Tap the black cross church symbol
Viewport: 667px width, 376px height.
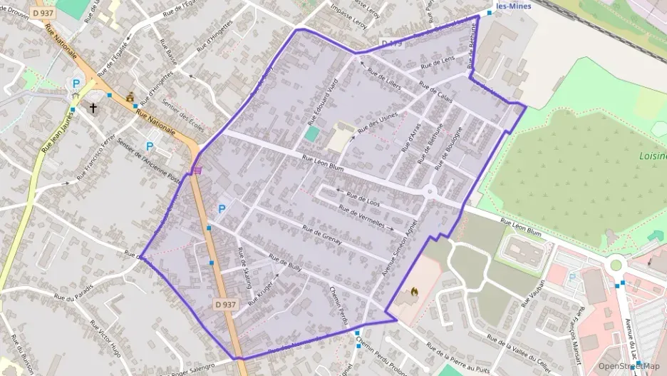(x=93, y=108)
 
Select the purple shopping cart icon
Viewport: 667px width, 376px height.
(x=197, y=170)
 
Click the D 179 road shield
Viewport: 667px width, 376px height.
(x=393, y=44)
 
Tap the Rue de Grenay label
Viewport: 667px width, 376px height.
(x=322, y=236)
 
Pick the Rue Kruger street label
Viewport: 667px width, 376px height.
(x=262, y=293)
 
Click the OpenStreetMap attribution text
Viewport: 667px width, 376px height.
(x=629, y=366)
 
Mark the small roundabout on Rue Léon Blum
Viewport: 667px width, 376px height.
(x=430, y=190)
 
